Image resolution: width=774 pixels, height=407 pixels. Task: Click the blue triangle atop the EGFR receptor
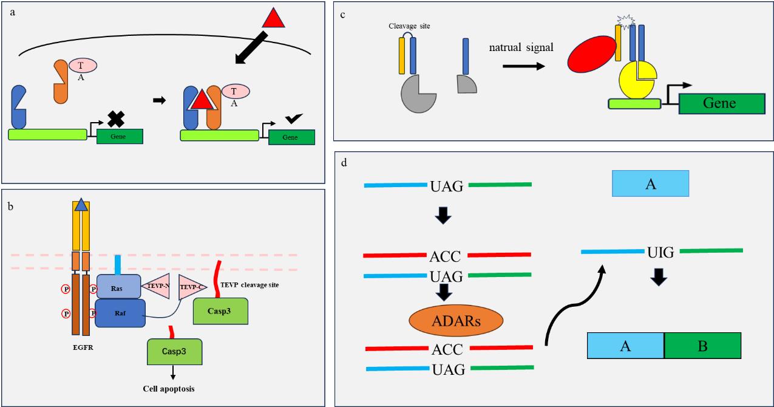point(81,207)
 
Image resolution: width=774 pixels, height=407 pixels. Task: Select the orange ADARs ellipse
point(448,321)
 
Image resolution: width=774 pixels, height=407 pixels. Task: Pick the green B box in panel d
point(702,346)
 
